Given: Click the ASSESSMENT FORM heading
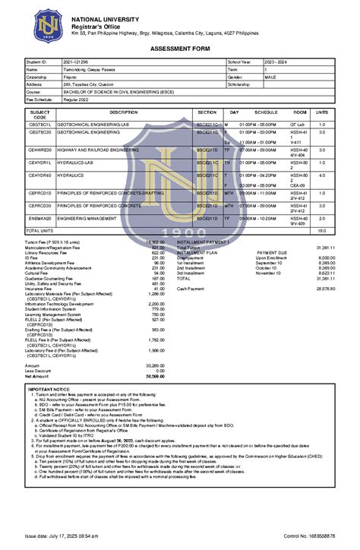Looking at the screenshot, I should pos(180,49).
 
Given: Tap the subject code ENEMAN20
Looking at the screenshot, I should pos(39,218).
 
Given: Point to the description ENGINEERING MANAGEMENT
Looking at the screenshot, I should pos(94,218).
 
